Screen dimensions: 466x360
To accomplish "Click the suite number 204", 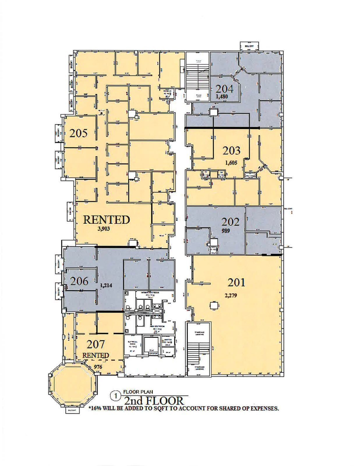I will (x=224, y=89).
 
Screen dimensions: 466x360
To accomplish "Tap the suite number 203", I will (x=232, y=151).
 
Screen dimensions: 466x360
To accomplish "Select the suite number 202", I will (x=230, y=222).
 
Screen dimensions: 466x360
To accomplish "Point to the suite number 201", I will (x=236, y=282).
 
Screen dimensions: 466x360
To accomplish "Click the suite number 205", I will (x=78, y=133).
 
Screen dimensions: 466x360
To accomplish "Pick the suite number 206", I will (x=79, y=281).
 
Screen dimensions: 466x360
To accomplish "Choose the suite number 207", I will (x=96, y=345).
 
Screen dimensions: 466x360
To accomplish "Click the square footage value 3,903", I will (x=104, y=229).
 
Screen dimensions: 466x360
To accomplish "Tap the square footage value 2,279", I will (x=231, y=295).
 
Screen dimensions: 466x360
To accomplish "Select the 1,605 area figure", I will (x=231, y=163).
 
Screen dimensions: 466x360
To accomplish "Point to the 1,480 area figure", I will (x=222, y=97).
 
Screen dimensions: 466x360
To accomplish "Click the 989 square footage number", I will (x=225, y=231).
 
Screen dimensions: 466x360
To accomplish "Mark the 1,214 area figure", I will (x=106, y=285).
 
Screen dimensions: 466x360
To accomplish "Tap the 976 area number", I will (x=98, y=367).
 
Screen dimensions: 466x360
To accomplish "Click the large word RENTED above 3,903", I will (x=106, y=220).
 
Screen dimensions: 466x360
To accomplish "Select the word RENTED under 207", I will (x=96, y=356).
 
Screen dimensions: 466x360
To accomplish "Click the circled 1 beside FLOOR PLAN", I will (x=116, y=396).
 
